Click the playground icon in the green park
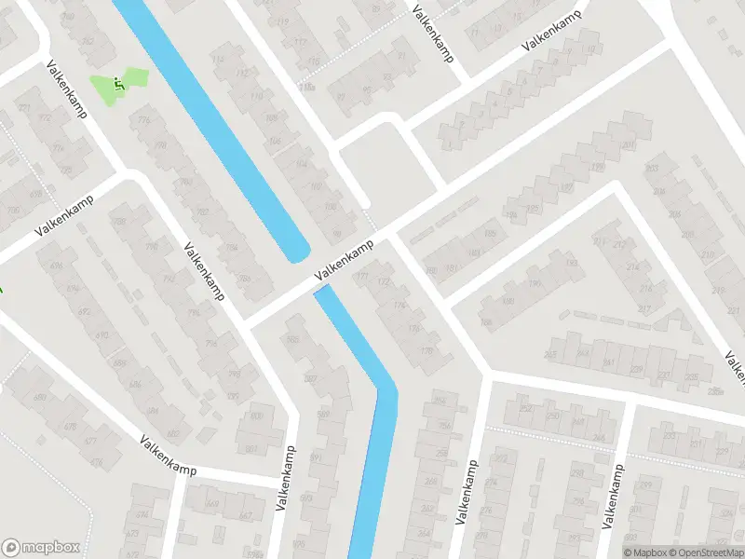pyautogui.click(x=117, y=84)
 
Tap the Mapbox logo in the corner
pyautogui.click(x=41, y=547)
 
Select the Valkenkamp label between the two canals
pyautogui.click(x=345, y=260)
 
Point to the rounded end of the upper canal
pyautogui.click(x=297, y=252)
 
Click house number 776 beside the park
pyautogui.click(x=143, y=120)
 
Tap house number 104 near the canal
pyautogui.click(x=300, y=164)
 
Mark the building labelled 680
pyautogui.click(x=40, y=399)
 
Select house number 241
pyautogui.click(x=609, y=363)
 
